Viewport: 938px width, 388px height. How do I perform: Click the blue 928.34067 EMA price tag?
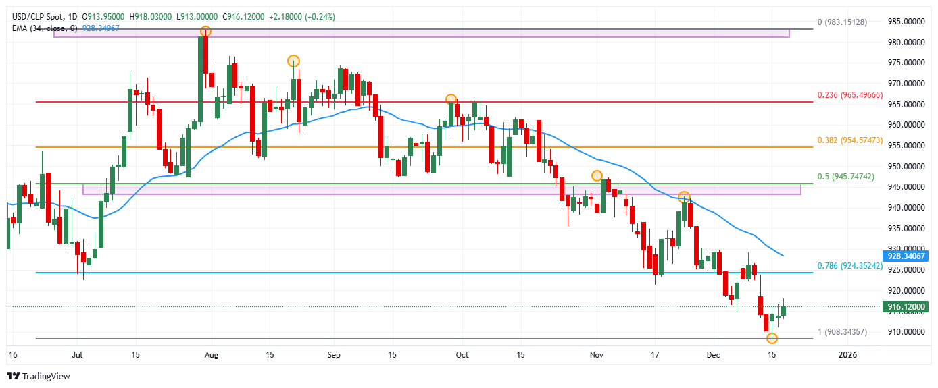tap(906, 256)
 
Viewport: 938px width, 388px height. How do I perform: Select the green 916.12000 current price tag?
tap(906, 306)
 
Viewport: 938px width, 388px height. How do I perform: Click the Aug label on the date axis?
tap(212, 354)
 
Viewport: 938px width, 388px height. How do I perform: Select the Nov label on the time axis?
tap(596, 354)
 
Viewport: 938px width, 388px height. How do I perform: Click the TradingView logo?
tap(39, 376)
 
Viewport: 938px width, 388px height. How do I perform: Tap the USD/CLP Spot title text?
tap(40, 16)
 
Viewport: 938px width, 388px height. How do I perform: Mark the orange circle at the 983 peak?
tap(205, 32)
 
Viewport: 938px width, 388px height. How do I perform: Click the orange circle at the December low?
tap(772, 337)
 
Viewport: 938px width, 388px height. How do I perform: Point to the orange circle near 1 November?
tap(597, 175)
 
